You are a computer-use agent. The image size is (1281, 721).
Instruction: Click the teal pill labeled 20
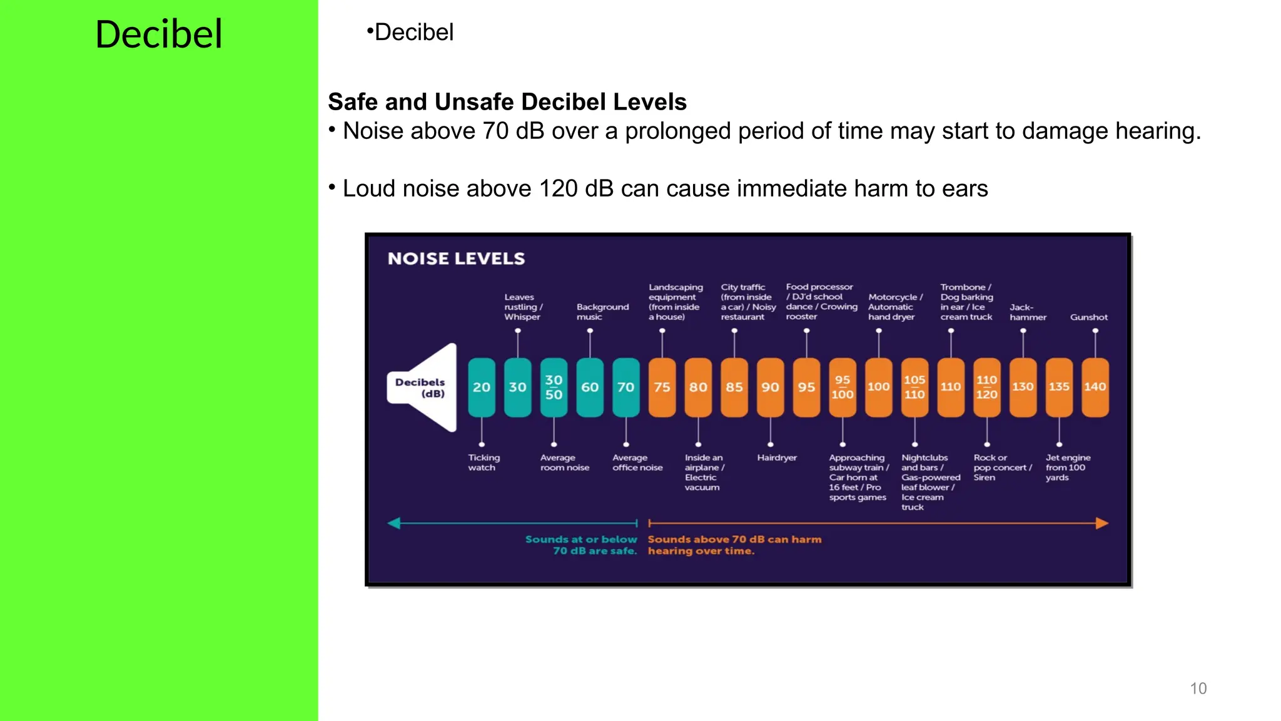pos(482,387)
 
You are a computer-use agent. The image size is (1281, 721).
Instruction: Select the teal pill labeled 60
pos(590,387)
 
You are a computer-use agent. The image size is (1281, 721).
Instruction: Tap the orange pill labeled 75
pos(662,387)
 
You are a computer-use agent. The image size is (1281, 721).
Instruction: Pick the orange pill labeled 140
pos(1095,387)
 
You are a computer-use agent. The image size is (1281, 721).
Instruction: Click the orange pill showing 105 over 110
pos(914,387)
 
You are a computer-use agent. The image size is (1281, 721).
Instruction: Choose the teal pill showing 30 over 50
pos(554,387)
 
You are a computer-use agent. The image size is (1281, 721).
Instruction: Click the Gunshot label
pos(1088,317)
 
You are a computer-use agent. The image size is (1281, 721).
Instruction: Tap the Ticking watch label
pos(484,463)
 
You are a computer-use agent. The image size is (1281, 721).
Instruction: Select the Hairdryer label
pos(777,458)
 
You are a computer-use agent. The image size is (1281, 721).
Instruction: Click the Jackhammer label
pos(1027,312)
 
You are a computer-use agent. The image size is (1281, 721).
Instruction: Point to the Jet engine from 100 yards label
pos(1068,468)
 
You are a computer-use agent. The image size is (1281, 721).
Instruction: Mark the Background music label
pos(602,312)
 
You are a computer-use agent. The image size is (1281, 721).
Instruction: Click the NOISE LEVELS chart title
pos(456,258)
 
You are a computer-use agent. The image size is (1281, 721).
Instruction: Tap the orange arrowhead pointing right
pos(1102,523)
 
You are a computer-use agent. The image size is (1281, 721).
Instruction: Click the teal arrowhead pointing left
pos(394,523)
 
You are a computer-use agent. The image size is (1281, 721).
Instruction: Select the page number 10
pos(1198,688)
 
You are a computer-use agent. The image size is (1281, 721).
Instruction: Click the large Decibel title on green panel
pos(159,34)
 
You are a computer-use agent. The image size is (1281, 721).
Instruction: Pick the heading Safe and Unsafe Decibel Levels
pos(507,102)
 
